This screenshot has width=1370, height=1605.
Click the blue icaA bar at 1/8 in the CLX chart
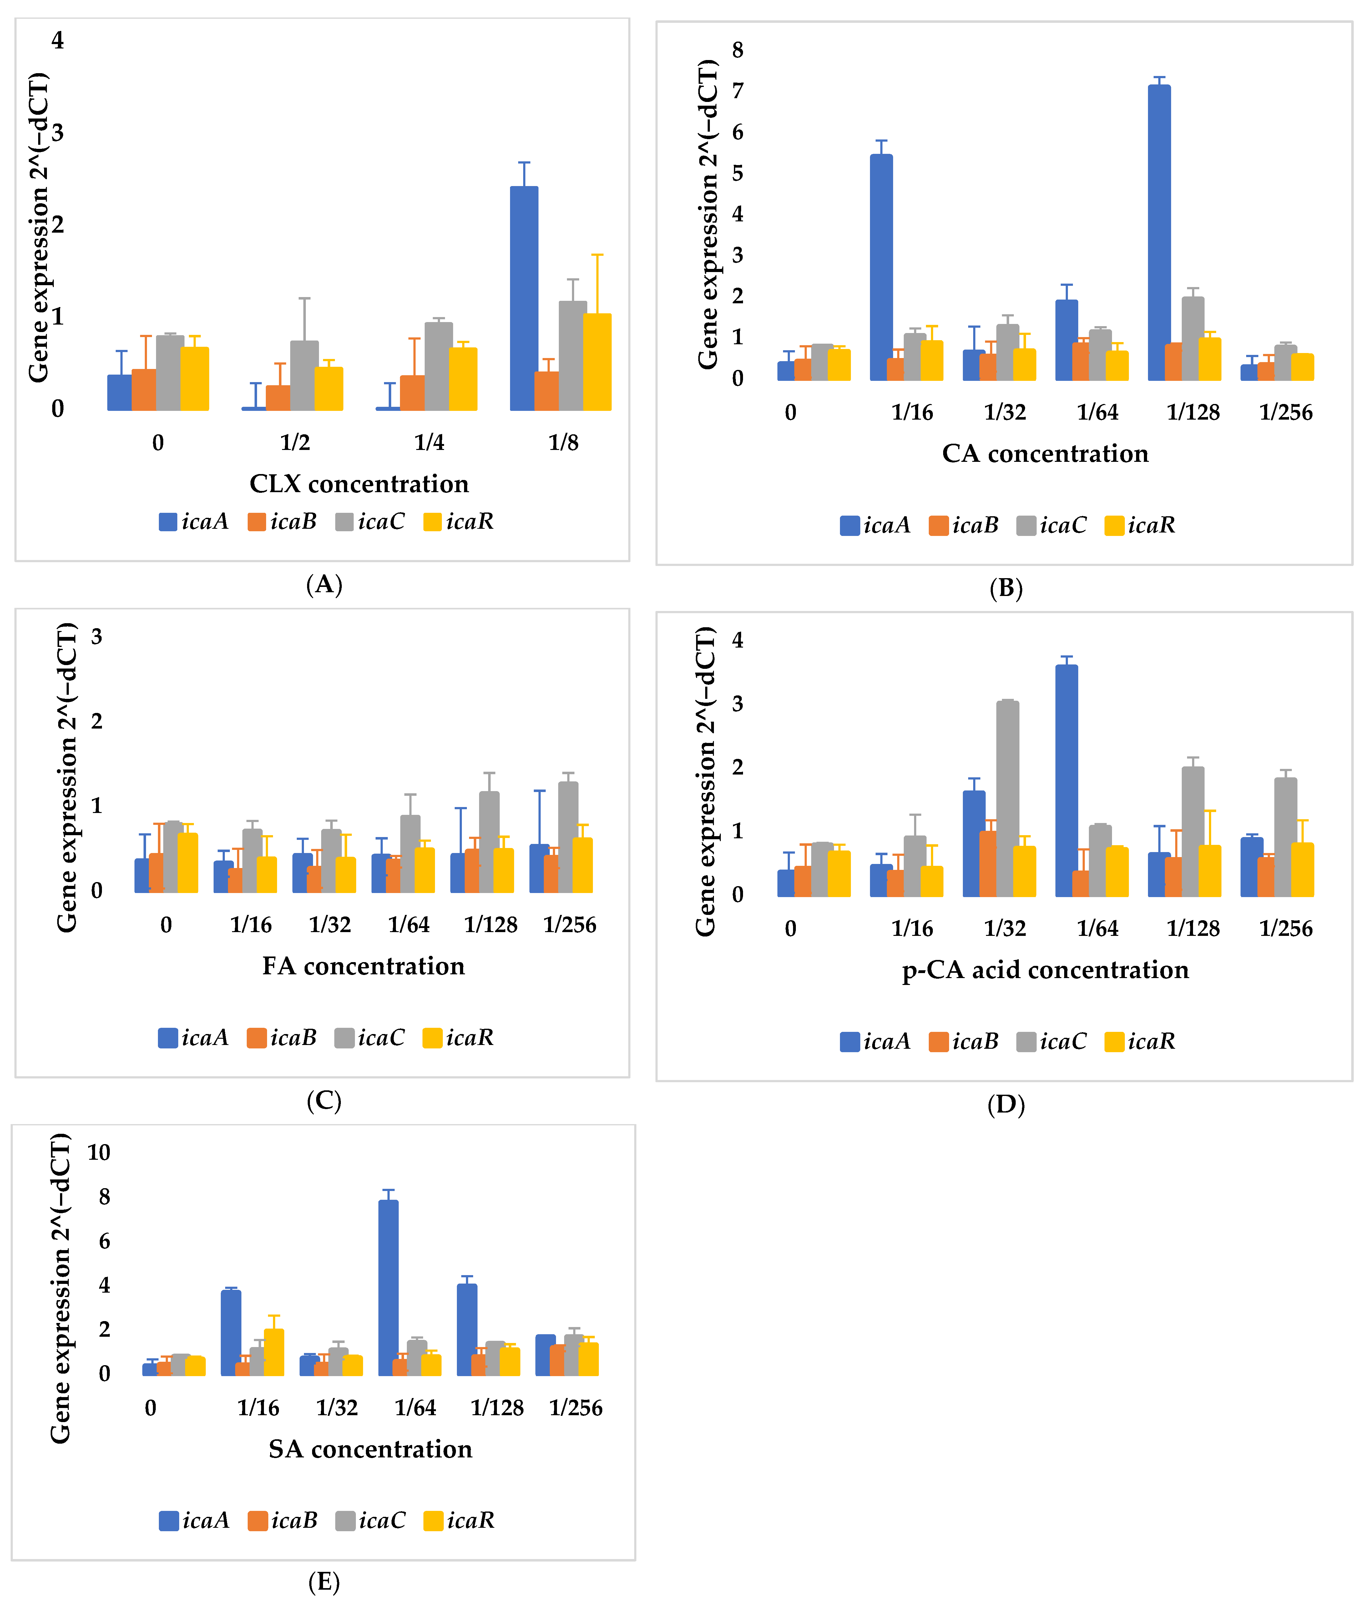[x=524, y=298]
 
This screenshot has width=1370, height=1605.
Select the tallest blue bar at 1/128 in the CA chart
[x=1159, y=232]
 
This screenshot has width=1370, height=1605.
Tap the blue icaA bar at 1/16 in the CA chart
[x=881, y=267]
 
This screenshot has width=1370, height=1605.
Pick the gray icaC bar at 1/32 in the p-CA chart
[x=1007, y=798]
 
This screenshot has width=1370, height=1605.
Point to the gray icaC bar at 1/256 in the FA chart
[x=568, y=837]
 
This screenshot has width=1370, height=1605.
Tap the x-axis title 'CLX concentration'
[x=359, y=484]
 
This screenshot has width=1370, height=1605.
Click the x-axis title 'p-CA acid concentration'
[x=1045, y=970]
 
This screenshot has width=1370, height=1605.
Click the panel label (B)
[x=1006, y=589]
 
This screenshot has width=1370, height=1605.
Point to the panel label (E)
[x=324, y=1582]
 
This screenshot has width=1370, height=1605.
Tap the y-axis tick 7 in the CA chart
[x=738, y=91]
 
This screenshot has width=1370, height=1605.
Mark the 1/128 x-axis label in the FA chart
[x=491, y=925]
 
